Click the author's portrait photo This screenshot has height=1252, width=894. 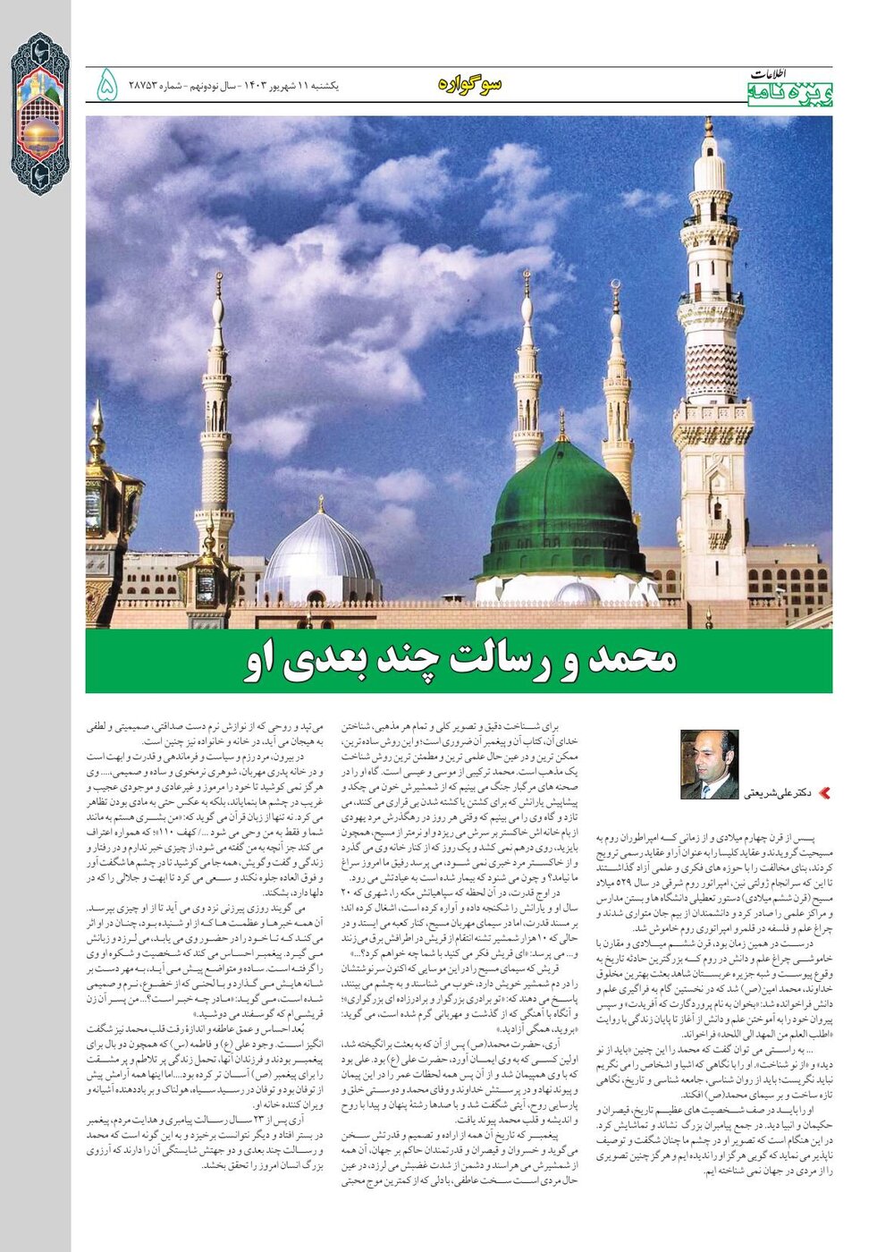click(709, 765)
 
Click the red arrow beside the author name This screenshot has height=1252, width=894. click(824, 792)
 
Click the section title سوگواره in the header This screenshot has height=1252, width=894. click(470, 84)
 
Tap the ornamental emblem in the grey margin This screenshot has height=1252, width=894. click(39, 114)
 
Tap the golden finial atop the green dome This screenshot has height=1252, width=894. click(562, 427)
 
